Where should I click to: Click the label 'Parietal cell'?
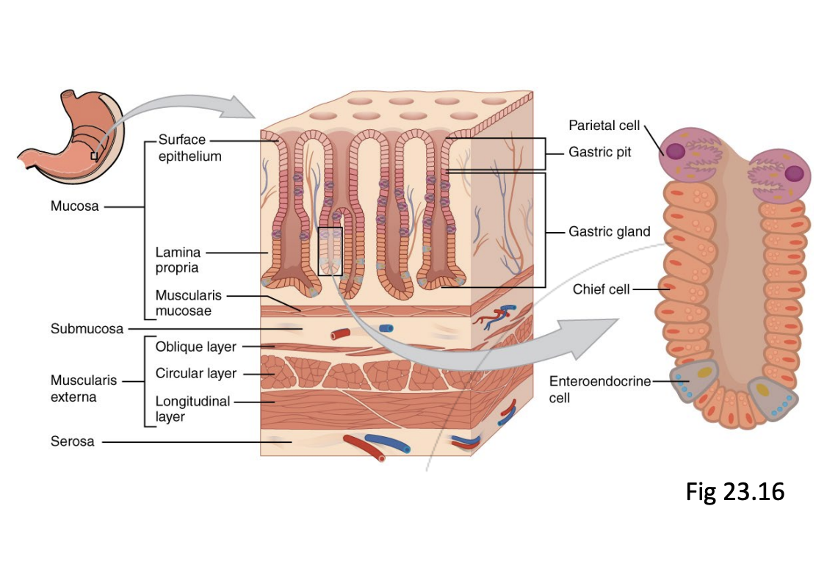coord(604,125)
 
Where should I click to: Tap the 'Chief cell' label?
coord(601,289)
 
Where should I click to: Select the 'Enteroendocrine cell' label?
coord(600,389)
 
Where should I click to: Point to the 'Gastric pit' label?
coord(599,153)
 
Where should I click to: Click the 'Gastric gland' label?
coord(610,231)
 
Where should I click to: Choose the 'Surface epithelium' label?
coord(188,148)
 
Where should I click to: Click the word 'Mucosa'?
coord(74,206)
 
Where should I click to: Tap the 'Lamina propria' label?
coord(177,260)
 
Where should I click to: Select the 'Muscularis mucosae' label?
coord(188,303)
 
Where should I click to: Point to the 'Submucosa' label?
coord(87,328)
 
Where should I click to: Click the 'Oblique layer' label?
coord(195,346)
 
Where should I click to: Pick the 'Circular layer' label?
coord(196,373)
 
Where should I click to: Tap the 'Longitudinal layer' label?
coord(192,409)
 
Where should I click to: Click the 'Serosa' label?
coord(72,441)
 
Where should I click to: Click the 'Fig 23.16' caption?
coord(735,491)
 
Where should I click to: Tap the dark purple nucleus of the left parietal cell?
coord(675,151)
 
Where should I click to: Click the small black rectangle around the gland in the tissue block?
coord(330,250)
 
